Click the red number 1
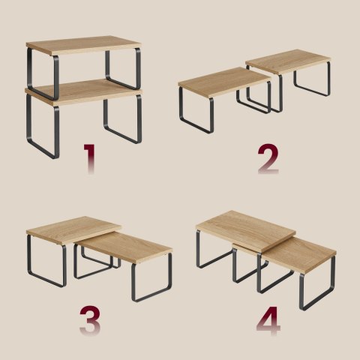pyautogui.click(x=90, y=158)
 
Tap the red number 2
pyautogui.click(x=268, y=159)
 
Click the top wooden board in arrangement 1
pyautogui.click(x=84, y=45)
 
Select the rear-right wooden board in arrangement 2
pyautogui.click(x=288, y=61)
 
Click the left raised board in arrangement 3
pyautogui.click(x=73, y=230)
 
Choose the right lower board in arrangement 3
pyautogui.click(x=124, y=247)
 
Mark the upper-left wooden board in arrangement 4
pyautogui.click(x=246, y=231)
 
